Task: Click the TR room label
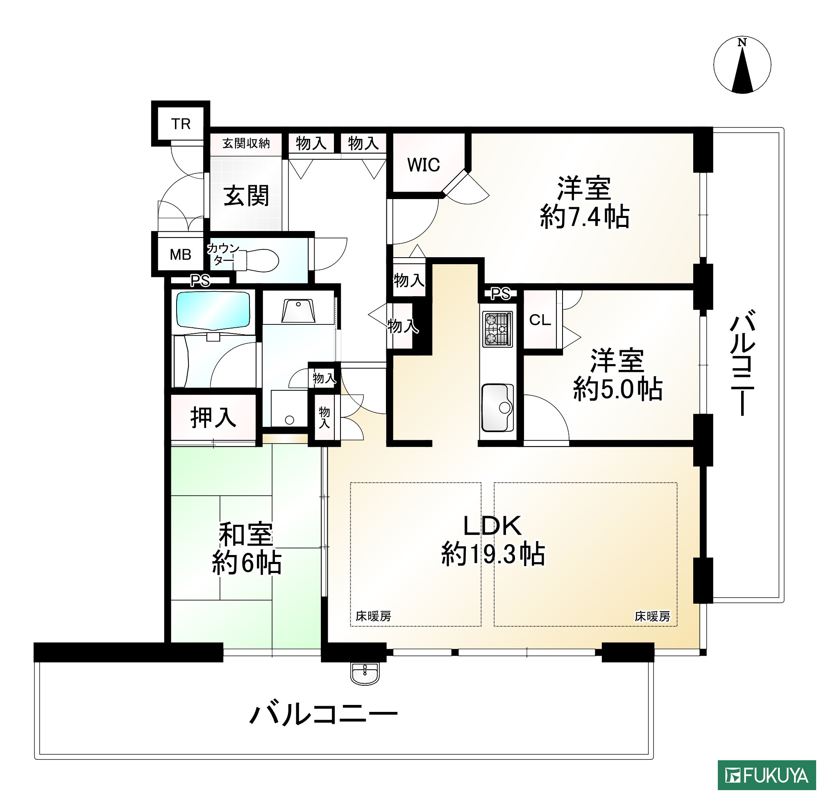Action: pyautogui.click(x=181, y=124)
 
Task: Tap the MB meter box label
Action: pyautogui.click(x=181, y=254)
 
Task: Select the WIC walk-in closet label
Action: pyautogui.click(x=423, y=165)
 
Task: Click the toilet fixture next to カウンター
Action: pyautogui.click(x=261, y=260)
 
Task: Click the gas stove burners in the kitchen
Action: pyautogui.click(x=497, y=330)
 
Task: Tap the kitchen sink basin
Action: pyautogui.click(x=497, y=408)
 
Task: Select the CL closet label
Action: pyautogui.click(x=540, y=320)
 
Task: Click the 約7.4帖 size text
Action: pyautogui.click(x=584, y=217)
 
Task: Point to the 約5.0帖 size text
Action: pyautogui.click(x=617, y=389)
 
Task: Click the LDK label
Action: pyautogui.click(x=492, y=526)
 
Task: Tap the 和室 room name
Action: pyautogui.click(x=246, y=535)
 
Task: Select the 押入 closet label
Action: pyautogui.click(x=213, y=417)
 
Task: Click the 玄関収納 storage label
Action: pyautogui.click(x=246, y=144)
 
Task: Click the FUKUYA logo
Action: pyautogui.click(x=767, y=775)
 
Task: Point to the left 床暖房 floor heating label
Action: pyautogui.click(x=373, y=616)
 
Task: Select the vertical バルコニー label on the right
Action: pyautogui.click(x=742, y=363)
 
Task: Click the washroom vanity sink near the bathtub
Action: pyautogui.click(x=298, y=310)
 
